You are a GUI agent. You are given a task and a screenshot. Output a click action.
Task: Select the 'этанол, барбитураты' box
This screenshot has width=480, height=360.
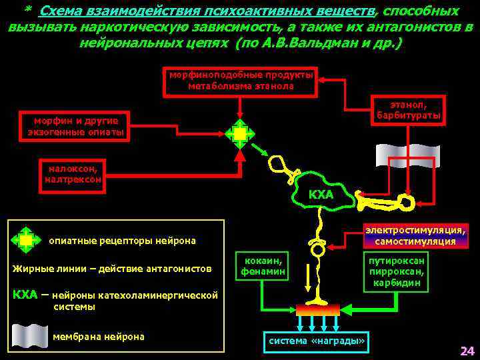tap(409, 111)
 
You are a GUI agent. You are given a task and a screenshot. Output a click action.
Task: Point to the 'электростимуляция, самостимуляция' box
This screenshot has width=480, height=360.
tap(415, 235)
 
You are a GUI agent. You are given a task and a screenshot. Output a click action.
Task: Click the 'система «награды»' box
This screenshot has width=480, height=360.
tap(317, 341)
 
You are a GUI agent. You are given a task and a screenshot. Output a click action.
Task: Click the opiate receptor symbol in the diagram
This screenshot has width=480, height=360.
tap(240, 134)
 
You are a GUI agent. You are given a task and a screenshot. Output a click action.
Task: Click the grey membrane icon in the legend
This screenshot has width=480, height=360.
tap(30, 335)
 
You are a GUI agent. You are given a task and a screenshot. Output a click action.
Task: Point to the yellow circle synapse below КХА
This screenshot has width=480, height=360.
tap(318, 250)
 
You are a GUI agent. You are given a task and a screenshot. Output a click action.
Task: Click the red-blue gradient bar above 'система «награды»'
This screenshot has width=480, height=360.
tap(317, 309)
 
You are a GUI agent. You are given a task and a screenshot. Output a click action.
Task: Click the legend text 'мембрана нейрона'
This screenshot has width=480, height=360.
tap(98, 336)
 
